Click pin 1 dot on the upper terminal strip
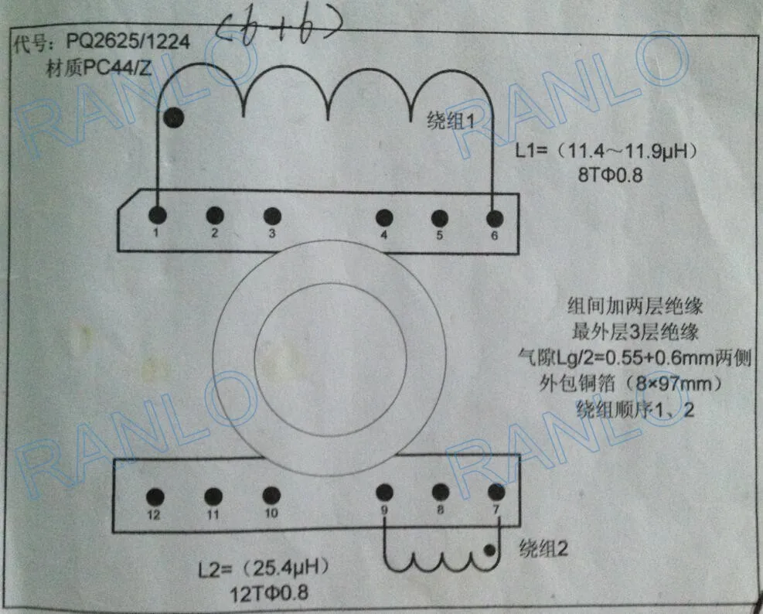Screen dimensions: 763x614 click(157, 215)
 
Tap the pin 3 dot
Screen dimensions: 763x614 click(272, 217)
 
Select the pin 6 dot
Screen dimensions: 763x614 click(495, 219)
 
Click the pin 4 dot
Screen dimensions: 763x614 click(384, 217)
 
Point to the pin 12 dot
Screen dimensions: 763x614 click(155, 496)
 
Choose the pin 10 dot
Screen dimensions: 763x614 click(271, 496)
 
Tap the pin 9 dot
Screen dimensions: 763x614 click(384, 493)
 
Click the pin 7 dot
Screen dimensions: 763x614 click(496, 493)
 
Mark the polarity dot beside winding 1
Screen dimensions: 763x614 click(174, 118)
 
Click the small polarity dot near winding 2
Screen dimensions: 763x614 click(489, 551)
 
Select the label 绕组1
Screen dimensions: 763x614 click(451, 121)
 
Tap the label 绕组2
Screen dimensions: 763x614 click(543, 549)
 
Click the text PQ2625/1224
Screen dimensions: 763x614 click(128, 42)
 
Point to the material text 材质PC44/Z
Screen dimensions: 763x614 click(99, 68)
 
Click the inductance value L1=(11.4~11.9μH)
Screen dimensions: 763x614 click(606, 151)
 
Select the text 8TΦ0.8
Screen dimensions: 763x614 click(610, 175)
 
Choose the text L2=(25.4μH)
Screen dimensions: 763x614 click(264, 568)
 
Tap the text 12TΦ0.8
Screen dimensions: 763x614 click(268, 594)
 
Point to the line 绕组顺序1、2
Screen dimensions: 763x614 click(635, 410)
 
